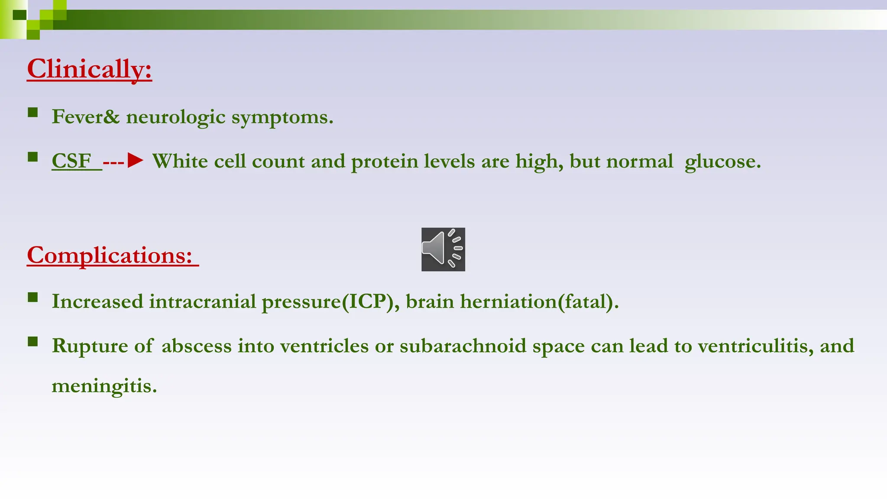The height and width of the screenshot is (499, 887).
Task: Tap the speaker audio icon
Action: pyautogui.click(x=443, y=249)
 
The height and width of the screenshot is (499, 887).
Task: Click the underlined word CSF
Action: pyautogui.click(x=71, y=161)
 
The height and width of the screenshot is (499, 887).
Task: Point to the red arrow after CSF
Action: pyautogui.click(x=135, y=161)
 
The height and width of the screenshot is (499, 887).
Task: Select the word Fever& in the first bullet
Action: pyautogui.click(x=85, y=117)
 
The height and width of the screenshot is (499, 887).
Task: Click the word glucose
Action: pyautogui.click(x=722, y=162)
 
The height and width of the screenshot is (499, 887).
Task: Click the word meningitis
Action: pyautogui.click(x=104, y=386)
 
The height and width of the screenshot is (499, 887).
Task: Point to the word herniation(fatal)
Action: pyautogui.click(x=539, y=301)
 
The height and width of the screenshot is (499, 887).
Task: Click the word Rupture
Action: pyautogui.click(x=90, y=346)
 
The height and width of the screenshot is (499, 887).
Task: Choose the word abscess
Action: pyautogui.click(x=196, y=346)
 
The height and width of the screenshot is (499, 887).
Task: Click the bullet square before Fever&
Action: pyautogui.click(x=33, y=113)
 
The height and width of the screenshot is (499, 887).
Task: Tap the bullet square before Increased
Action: pyautogui.click(x=33, y=297)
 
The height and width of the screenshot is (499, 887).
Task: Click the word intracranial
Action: pyautogui.click(x=202, y=301)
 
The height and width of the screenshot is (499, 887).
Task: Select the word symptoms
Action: pyautogui.click(x=282, y=117)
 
